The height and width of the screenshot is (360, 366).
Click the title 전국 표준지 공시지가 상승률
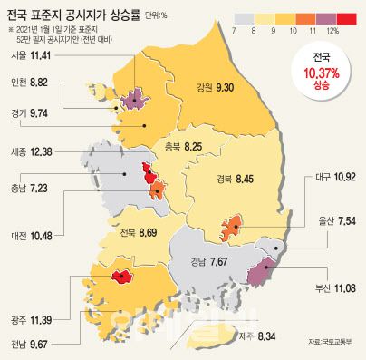pyautogui.click(x=85, y=14)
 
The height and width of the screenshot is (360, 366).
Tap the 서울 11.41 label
pyautogui.click(x=30, y=55)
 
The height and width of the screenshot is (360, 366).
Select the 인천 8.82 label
pyautogui.click(x=30, y=81)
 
